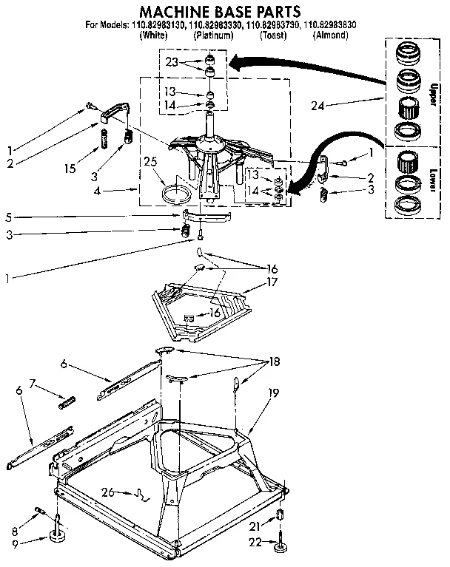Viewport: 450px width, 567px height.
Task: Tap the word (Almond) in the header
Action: [x=330, y=35]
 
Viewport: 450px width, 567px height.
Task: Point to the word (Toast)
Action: [x=272, y=35]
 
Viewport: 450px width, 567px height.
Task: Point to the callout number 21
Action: [x=254, y=526]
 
